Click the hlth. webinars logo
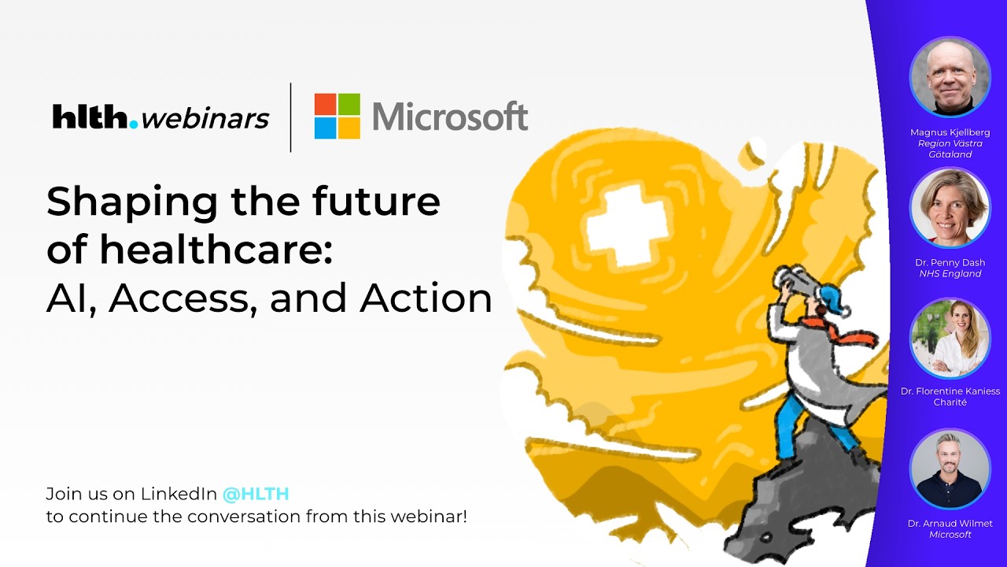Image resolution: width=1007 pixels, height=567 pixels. tap(160, 117)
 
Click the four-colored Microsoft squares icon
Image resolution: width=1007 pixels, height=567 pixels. tap(337, 117)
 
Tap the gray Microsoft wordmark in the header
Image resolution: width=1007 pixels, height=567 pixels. tap(449, 117)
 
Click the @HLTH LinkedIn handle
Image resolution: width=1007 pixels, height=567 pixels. tap(256, 495)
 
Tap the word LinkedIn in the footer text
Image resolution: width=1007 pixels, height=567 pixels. tap(179, 495)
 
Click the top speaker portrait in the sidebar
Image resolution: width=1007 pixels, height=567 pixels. tap(950, 77)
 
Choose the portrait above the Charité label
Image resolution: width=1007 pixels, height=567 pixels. tap(950, 337)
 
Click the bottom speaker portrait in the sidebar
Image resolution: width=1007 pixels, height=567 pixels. tap(950, 469)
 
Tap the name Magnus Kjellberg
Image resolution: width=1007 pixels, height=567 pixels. tap(950, 133)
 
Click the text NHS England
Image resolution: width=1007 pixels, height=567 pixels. tap(950, 274)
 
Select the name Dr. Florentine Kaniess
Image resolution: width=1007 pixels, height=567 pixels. tap(950, 391)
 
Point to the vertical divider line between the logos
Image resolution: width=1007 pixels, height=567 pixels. tap(291, 117)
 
